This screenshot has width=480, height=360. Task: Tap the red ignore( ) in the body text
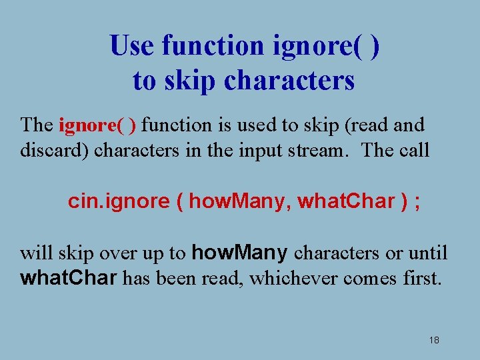98,125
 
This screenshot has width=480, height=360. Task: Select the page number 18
434,340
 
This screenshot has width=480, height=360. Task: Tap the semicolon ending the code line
417,201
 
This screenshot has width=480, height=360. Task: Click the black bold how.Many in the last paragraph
240,253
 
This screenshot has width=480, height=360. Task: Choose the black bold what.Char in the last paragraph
69,278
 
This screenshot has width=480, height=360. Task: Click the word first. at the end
422,278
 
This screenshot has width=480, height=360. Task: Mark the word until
427,253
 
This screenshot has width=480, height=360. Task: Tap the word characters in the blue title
289,81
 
